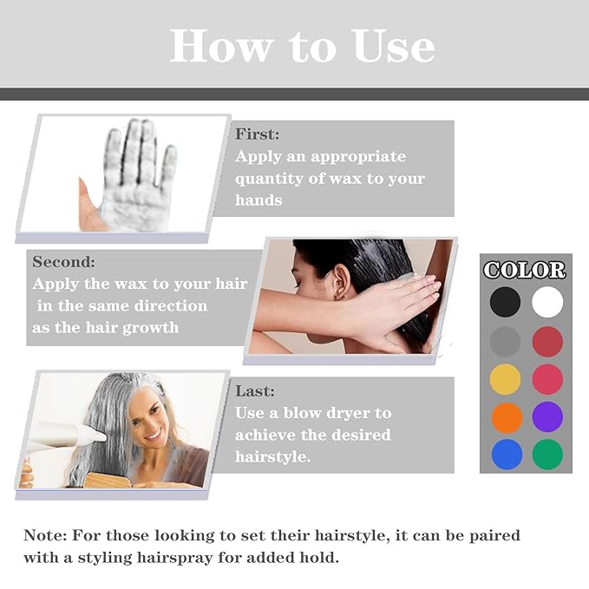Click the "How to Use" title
(x=302, y=44)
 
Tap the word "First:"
(x=258, y=134)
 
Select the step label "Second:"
(x=64, y=261)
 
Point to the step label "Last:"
(x=255, y=391)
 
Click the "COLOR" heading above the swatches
(x=525, y=270)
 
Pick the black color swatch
(x=505, y=302)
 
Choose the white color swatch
(x=547, y=302)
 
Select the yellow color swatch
(x=505, y=378)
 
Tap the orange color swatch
(x=505, y=416)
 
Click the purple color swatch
(x=547, y=416)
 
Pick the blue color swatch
(x=505, y=454)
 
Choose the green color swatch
(x=547, y=454)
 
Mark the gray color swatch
(x=505, y=340)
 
